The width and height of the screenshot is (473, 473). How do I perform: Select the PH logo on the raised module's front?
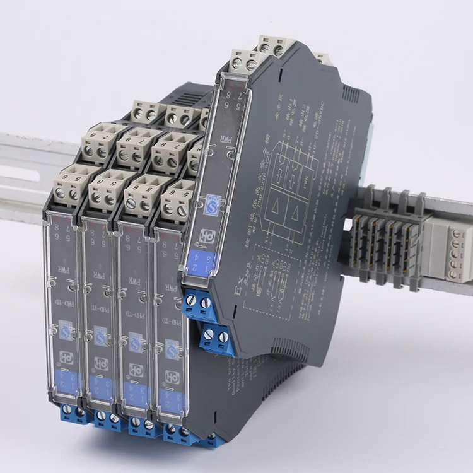[207, 235]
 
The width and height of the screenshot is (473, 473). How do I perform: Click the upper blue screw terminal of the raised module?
[199, 303]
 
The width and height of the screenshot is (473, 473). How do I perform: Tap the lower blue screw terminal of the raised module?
[218, 337]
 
